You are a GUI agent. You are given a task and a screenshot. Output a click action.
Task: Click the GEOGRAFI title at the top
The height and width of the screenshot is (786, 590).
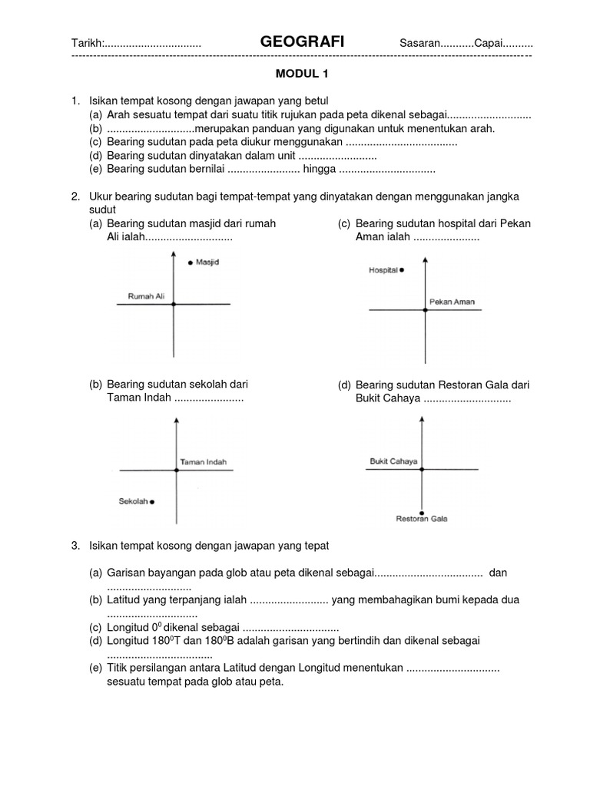tap(302, 44)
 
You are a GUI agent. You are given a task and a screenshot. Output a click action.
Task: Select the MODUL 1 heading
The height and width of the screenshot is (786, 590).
tap(302, 74)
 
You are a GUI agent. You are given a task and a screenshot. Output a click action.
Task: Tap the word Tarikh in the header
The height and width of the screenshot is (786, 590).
tap(86, 45)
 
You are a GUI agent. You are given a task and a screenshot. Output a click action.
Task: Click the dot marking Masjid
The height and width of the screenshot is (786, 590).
tap(191, 263)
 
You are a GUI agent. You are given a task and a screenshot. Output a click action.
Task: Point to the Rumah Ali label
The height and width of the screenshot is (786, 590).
tap(146, 296)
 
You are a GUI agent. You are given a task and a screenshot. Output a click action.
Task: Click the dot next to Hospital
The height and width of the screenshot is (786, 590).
tap(401, 270)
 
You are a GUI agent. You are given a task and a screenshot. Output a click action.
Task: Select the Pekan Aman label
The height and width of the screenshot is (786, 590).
tap(452, 302)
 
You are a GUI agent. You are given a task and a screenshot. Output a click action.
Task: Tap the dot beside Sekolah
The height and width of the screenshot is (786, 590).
tap(152, 502)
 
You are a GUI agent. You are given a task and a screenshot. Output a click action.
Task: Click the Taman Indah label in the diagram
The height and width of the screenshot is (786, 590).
tap(204, 462)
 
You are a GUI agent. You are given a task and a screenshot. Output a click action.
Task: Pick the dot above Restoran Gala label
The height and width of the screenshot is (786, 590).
tap(422, 512)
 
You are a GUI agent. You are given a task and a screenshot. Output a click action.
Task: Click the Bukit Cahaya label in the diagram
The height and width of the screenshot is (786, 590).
tap(393, 461)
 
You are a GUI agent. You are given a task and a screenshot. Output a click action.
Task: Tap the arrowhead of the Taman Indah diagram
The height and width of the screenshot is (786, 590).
tap(177, 421)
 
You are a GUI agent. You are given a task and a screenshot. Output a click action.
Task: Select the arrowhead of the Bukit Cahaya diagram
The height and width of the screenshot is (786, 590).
tap(422, 421)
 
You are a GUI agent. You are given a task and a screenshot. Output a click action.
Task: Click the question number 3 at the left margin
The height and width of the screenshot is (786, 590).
tap(75, 546)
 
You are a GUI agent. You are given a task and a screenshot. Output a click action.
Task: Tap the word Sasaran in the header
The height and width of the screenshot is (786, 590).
tap(419, 45)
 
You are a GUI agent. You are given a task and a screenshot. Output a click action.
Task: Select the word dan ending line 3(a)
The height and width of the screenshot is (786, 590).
tap(498, 573)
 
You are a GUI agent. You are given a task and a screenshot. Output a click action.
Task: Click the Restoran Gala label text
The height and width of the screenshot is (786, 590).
tap(422, 520)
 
